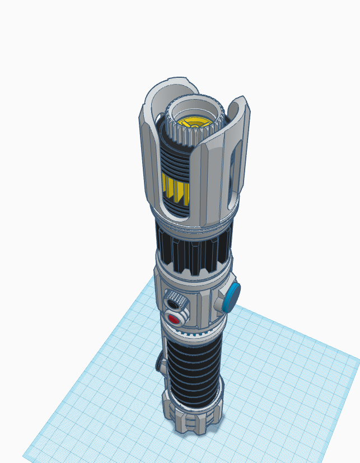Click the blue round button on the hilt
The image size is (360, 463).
231,297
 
